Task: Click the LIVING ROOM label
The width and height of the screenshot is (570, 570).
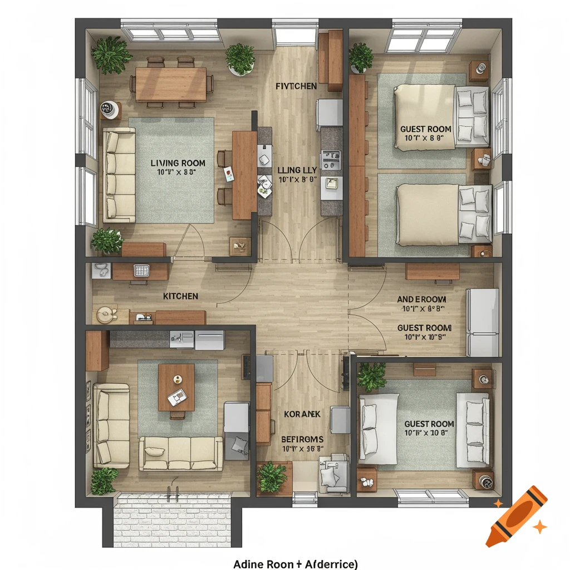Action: [x=178, y=163]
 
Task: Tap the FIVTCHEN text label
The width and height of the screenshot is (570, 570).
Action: [x=296, y=86]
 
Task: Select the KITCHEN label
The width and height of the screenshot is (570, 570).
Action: [x=180, y=296]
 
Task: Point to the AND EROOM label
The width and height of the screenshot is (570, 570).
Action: [x=421, y=299]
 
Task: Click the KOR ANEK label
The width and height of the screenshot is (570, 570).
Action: [x=301, y=414]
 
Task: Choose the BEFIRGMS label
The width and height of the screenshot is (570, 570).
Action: [x=302, y=439]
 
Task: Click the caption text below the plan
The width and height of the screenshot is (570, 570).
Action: [x=295, y=564]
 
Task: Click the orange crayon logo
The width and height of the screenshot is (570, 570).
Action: [x=515, y=516]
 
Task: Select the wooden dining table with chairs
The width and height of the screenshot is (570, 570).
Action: [x=170, y=84]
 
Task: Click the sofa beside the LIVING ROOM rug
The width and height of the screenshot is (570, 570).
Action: [x=119, y=175]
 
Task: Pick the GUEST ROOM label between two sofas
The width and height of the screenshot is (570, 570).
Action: [x=429, y=424]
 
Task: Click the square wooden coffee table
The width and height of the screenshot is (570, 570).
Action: [x=176, y=387]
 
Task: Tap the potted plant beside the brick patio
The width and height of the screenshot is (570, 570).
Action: [x=105, y=479]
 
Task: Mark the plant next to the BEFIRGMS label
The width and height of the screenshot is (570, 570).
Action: [x=272, y=476]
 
